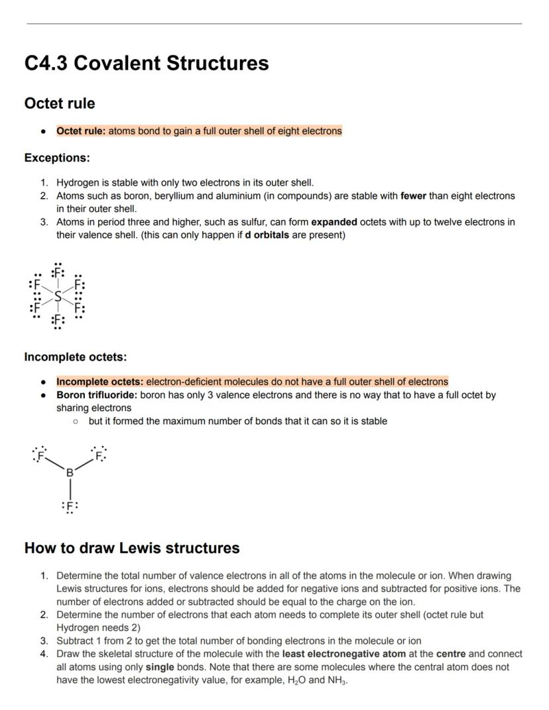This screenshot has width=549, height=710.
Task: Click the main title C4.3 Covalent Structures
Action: click(x=147, y=63)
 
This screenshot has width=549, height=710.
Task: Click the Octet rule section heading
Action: click(x=60, y=103)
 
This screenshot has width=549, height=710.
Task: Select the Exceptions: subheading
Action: click(x=57, y=158)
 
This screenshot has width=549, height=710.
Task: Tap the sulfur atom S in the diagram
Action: click(x=58, y=296)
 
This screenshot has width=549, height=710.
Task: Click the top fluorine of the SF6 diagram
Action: click(x=58, y=272)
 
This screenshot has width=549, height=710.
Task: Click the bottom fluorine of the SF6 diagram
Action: click(x=58, y=320)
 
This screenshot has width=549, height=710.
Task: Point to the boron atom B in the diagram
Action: click(x=70, y=472)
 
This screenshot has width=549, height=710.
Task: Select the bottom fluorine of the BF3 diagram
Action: click(x=70, y=506)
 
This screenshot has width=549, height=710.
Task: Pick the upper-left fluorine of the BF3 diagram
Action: click(x=40, y=455)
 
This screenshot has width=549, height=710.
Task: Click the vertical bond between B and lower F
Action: click(x=70, y=489)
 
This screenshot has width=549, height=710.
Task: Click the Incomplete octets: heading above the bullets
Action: click(x=75, y=357)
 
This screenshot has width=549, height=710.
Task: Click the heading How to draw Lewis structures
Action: click(x=132, y=548)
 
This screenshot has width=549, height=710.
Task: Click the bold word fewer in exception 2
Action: click(x=414, y=196)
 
